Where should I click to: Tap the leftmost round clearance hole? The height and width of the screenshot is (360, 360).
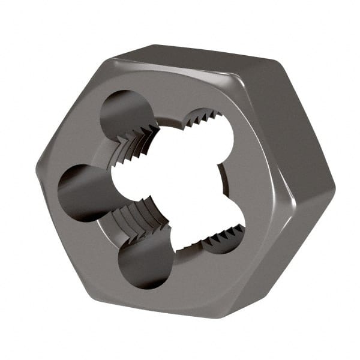coord(84,191)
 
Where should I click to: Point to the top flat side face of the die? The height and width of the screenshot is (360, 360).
coord(198,55)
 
